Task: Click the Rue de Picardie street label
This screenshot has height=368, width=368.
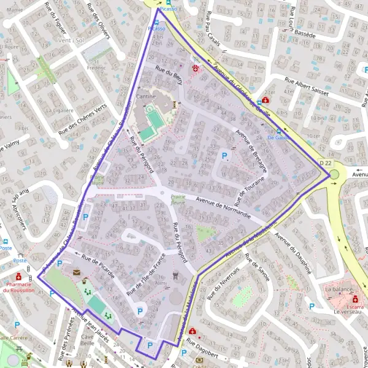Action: [93, 263]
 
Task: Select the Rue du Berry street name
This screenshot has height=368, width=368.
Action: [169, 77]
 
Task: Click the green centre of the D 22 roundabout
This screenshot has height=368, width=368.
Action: [334, 176]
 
